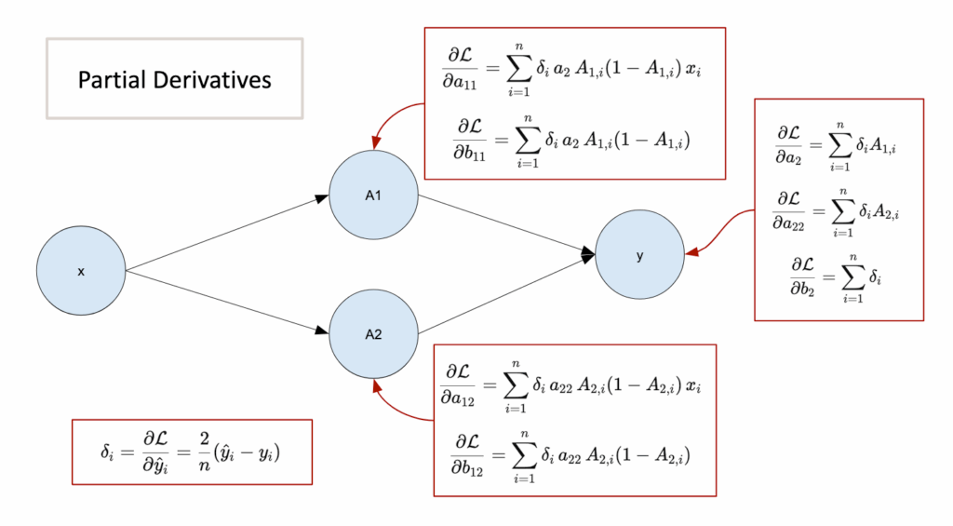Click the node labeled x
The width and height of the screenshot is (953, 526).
[81, 271]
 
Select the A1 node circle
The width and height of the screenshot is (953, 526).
[373, 196]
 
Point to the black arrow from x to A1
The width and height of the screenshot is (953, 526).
[228, 233]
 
